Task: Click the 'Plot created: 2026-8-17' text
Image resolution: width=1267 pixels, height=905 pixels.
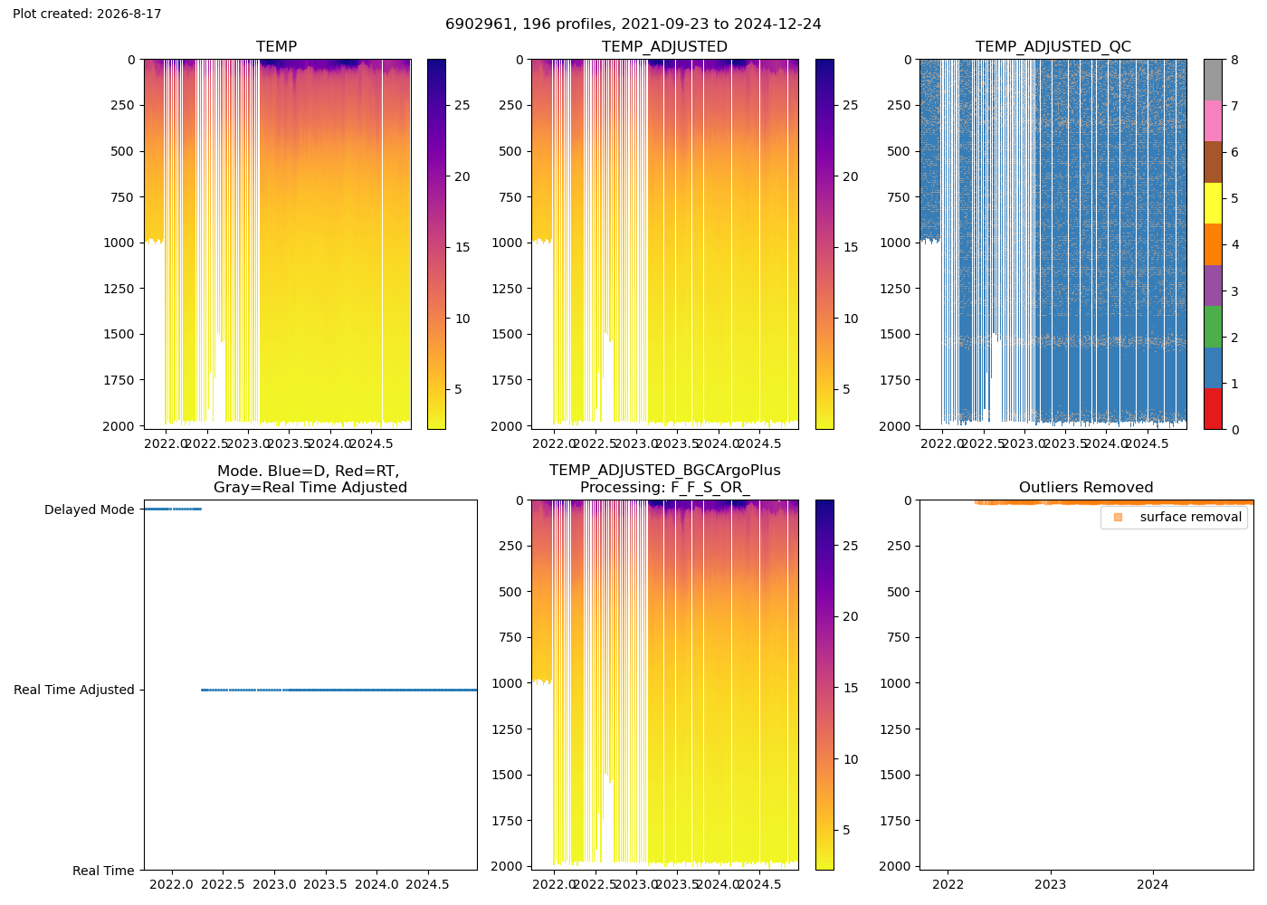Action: pos(87,14)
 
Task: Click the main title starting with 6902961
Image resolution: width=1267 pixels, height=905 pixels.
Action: pos(633,24)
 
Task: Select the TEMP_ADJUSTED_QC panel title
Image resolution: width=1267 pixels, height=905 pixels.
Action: pos(1053,46)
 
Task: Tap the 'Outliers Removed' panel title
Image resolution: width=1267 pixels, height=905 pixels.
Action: pos(1086,487)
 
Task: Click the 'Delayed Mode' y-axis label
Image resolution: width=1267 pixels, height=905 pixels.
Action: pos(90,510)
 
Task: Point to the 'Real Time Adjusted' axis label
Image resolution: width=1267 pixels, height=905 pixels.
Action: pos(74,690)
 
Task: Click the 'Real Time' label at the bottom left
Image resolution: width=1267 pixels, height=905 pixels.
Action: pos(103,871)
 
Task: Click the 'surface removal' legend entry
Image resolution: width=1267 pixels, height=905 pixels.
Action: pos(1191,517)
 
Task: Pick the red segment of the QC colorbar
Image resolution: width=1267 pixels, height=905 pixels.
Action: pos(1213,409)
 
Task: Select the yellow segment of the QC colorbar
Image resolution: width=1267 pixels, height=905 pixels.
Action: pos(1213,203)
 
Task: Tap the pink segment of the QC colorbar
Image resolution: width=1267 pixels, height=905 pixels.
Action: pos(1213,121)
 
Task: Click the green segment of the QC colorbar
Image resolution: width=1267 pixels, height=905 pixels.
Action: pos(1213,327)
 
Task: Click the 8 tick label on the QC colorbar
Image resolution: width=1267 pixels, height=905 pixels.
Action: pos(1234,60)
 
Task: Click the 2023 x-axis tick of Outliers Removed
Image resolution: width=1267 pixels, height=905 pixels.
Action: pos(1051,885)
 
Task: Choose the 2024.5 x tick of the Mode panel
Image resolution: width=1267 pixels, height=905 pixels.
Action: pos(427,885)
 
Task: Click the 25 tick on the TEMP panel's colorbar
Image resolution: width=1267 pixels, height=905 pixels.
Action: pos(462,105)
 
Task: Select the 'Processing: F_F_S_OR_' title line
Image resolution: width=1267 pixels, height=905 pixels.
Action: pos(665,488)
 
